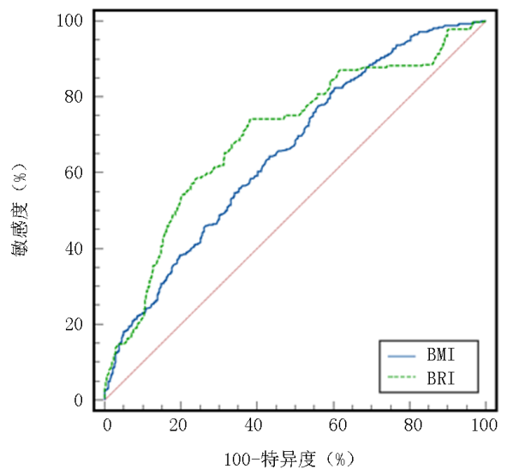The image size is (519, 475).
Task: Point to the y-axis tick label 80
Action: tap(74, 96)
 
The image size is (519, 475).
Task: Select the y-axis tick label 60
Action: tap(74, 172)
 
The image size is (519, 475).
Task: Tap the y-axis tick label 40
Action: tap(74, 249)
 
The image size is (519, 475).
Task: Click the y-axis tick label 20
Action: tap(74, 324)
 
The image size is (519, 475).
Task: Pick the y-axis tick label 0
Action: tap(78, 400)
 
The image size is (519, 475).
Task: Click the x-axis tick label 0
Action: tap(105, 426)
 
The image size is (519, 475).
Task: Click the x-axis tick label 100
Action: tap(485, 426)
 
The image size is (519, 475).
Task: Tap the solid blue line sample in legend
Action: tap(403, 353)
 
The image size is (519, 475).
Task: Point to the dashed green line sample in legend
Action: tap(403, 376)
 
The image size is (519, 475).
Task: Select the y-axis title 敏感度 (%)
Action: tap(23, 209)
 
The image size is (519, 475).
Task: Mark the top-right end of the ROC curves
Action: tap(485, 21)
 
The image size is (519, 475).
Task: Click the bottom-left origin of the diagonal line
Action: tap(105, 400)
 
